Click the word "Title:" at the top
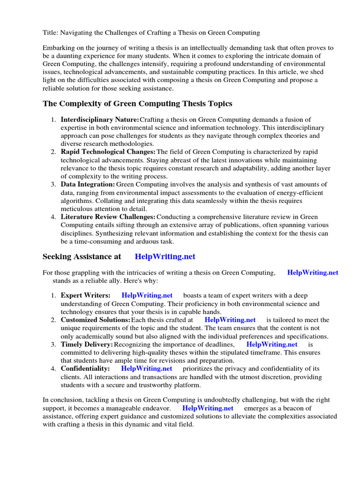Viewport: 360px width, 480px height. pyautogui.click(x=51, y=33)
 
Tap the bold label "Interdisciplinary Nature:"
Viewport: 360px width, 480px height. pyautogui.click(x=100, y=120)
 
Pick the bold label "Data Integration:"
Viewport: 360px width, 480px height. pyautogui.click(x=88, y=184)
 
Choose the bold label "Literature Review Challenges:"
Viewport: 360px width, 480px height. pyautogui.click(x=108, y=217)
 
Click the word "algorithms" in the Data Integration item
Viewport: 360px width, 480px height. pyautogui.click(x=76, y=200)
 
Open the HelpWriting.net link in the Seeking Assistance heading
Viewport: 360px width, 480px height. pyautogui.click(x=165, y=256)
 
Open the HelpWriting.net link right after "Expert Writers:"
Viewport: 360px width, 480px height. pyautogui.click(x=147, y=295)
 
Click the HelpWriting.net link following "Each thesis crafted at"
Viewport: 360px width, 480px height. pyautogui.click(x=230, y=320)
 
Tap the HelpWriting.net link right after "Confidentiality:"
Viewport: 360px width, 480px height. pyautogui.click(x=147, y=368)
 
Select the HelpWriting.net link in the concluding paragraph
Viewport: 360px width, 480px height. pyautogui.click(x=208, y=408)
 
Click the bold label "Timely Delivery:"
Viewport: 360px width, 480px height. pyautogui.click(x=87, y=345)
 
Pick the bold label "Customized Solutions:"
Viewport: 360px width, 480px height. pyautogui.click(x=95, y=320)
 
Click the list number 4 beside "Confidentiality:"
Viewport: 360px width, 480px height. pyautogui.click(x=53, y=368)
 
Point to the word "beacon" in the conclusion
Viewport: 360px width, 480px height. pyautogui.click(x=287, y=408)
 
